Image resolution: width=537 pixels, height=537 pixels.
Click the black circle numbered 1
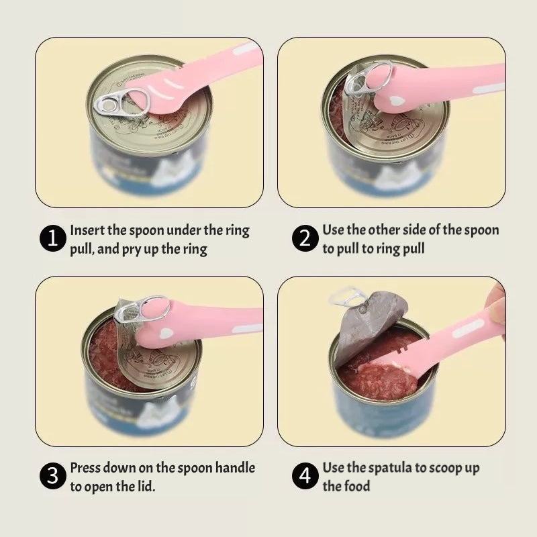53,239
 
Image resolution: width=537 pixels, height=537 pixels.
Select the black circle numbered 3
53,477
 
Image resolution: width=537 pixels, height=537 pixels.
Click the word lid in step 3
146,486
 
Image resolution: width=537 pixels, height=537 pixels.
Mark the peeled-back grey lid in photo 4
366,322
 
